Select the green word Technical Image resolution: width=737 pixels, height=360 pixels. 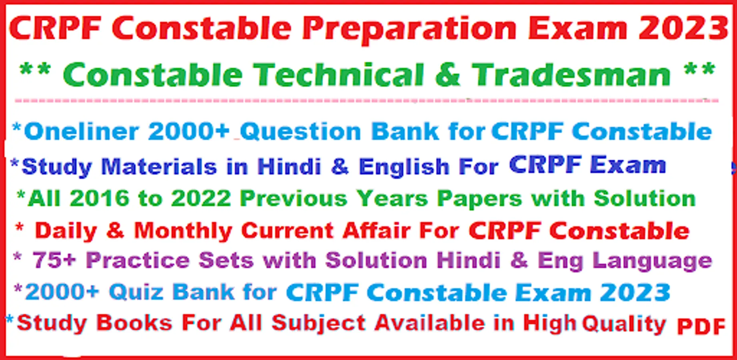point(339,75)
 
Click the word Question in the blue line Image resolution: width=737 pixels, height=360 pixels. point(300,132)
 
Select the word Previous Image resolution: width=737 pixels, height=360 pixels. point(294,198)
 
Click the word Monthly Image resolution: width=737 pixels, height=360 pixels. point(183,231)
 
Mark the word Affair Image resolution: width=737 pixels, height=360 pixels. point(376,230)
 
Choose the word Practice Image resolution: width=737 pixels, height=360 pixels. point(138,260)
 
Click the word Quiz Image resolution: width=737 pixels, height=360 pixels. point(136,292)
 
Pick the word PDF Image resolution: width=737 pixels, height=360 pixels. point(701,326)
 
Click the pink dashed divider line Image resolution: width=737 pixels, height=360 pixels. point(366,100)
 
